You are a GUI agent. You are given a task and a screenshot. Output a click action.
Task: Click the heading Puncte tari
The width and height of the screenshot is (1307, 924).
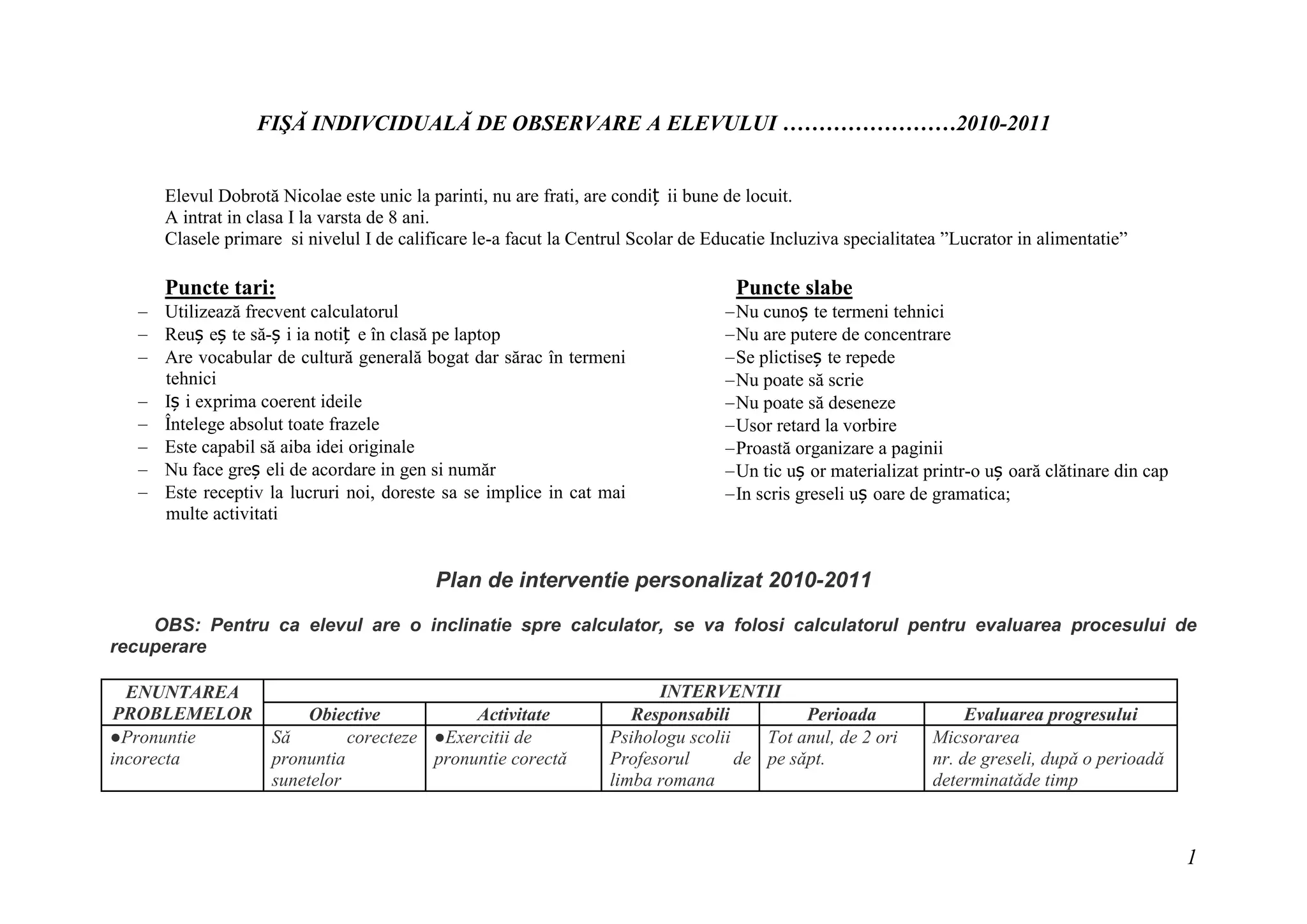coord(220,288)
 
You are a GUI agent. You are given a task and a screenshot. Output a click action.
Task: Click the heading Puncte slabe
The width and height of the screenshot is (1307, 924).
coord(794,288)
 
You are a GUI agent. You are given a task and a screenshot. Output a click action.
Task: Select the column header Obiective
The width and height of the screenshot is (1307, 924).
coord(345,714)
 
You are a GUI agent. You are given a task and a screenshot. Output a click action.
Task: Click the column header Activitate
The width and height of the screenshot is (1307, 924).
coord(513,714)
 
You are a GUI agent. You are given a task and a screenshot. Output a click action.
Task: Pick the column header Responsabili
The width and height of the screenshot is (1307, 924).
coord(680,714)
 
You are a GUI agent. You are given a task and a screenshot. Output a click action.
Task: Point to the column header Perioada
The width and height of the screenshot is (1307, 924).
coord(842,714)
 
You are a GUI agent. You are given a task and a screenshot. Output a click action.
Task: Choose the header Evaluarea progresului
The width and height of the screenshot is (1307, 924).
coord(1050,714)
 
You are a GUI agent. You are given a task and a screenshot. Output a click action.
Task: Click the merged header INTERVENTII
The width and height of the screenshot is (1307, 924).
coord(720,691)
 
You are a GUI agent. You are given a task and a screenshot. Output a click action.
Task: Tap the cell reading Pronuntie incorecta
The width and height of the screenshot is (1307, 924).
coord(153,748)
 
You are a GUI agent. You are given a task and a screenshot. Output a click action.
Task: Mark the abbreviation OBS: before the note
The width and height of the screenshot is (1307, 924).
coord(178,625)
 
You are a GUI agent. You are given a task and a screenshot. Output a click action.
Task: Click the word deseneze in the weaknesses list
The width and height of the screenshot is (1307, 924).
coord(863,403)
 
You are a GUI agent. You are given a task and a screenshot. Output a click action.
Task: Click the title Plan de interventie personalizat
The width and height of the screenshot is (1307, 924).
coord(599,580)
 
